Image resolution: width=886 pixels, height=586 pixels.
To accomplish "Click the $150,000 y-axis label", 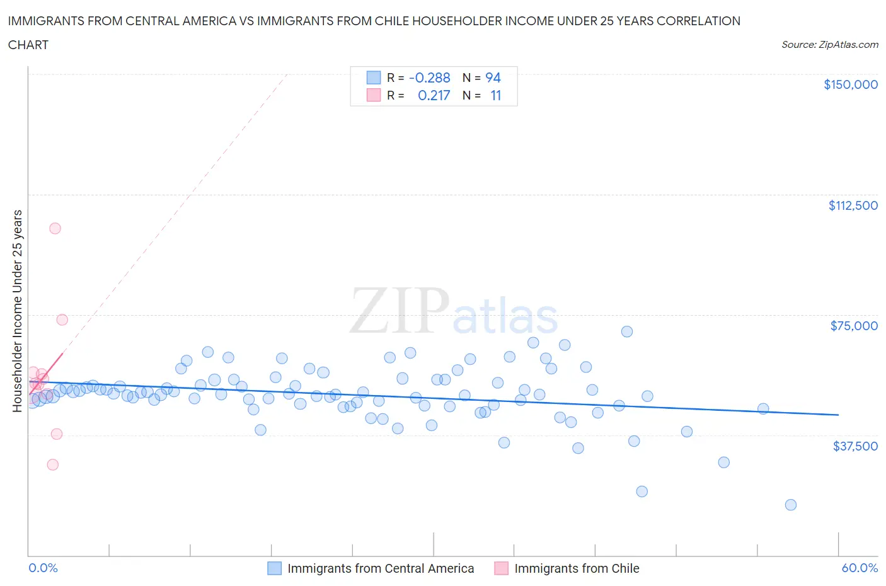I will point(850,84).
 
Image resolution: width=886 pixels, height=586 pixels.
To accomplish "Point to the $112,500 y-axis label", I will point(853,205).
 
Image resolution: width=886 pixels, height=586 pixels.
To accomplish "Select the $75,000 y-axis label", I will point(854,326).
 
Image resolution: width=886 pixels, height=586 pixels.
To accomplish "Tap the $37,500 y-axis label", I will point(854,446).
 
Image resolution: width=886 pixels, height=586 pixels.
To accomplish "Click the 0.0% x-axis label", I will point(43,568).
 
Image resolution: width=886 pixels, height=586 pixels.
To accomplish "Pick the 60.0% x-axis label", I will point(860,568).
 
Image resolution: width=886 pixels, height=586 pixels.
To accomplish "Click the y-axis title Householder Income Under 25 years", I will point(17,311).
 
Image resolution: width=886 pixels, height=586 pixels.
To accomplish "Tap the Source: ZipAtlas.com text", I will point(829,45).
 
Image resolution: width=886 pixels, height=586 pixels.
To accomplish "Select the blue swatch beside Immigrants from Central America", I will point(274,568).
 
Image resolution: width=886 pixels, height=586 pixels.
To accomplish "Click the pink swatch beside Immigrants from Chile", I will point(501,568).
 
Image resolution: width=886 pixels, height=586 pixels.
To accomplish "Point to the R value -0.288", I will point(429,78).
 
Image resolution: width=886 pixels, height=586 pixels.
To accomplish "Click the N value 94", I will point(493,78).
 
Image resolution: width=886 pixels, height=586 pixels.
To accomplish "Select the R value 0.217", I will point(434,95).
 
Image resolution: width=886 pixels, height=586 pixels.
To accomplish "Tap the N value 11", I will point(495,95).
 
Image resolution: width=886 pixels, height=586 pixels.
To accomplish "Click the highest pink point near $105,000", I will point(55,228).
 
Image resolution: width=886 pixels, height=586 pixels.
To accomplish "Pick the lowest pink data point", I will point(53,464).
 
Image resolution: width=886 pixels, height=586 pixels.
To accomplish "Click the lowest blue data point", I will point(791,505).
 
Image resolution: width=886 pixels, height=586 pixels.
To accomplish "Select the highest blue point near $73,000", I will point(626,331).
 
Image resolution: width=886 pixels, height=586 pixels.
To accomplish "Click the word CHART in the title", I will point(28,45).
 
